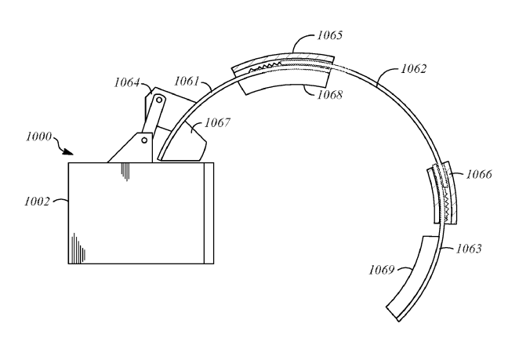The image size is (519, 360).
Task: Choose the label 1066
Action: pos(477,174)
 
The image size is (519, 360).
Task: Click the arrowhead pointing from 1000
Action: pos(72,151)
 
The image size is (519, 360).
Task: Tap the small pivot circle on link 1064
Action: pos(159,100)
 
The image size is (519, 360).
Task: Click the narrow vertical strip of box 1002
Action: pos(208,213)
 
